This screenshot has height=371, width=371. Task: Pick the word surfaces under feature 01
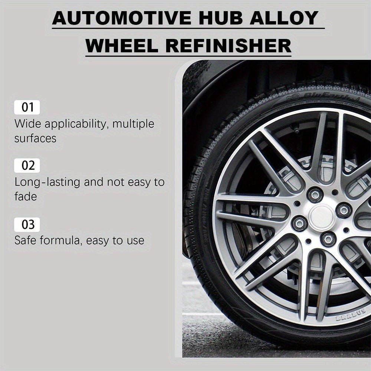coord(35,138)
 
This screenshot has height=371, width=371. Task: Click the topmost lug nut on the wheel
coord(315,194)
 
